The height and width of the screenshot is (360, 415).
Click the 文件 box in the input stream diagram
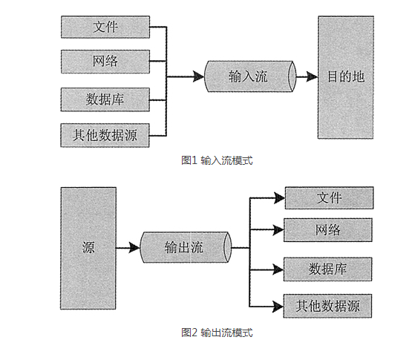[x=105, y=27]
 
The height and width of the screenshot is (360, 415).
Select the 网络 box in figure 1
[x=105, y=62]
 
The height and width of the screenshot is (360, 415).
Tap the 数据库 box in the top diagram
[x=105, y=99]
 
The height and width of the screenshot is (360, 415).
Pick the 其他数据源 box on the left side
[x=105, y=135]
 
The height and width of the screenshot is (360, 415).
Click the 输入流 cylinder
[x=250, y=76]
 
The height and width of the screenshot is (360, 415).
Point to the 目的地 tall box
[x=346, y=77]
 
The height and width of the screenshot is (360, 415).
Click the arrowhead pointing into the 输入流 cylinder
[x=198, y=76]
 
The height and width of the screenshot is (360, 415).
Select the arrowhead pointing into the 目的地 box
[x=312, y=76]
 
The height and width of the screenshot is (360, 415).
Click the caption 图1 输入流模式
[x=217, y=160]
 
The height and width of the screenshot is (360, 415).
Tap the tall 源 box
[x=88, y=248]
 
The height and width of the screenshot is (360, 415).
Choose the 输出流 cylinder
[x=186, y=247]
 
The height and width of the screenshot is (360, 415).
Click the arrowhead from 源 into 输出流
[x=134, y=248]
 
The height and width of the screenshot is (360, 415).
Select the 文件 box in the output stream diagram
[x=329, y=197]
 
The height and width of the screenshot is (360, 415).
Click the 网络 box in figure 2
[x=328, y=230]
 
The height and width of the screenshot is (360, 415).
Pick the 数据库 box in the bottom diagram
[x=327, y=269]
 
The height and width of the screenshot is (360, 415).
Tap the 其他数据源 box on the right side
[x=327, y=306]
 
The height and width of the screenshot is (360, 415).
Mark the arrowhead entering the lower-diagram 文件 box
[x=279, y=197]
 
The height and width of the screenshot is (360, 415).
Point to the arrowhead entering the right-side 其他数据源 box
[x=278, y=307]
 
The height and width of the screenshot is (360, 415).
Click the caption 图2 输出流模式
[x=217, y=333]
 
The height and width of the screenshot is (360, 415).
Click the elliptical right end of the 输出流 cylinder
[x=228, y=247]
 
